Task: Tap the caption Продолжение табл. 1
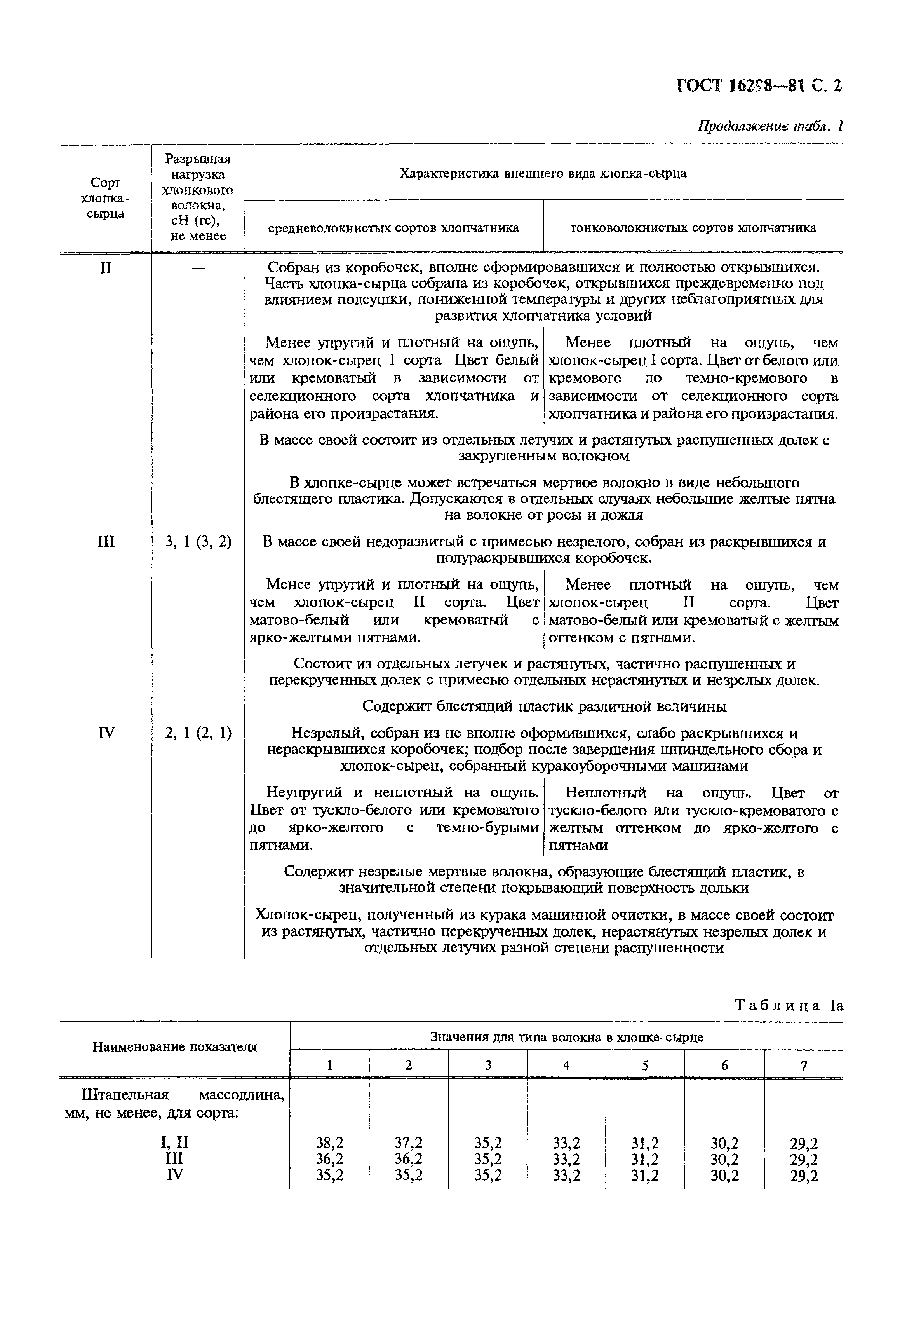click(x=769, y=126)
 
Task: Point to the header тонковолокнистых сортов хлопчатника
click(x=693, y=228)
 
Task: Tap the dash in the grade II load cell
click(x=198, y=269)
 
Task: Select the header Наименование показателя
click(x=174, y=1046)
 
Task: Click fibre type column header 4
click(x=566, y=1066)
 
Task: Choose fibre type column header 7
click(x=804, y=1066)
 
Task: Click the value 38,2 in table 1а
click(x=329, y=1142)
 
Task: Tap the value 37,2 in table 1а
click(x=409, y=1142)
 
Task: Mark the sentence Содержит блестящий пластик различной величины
click(x=544, y=707)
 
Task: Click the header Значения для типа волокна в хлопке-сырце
click(x=566, y=1037)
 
